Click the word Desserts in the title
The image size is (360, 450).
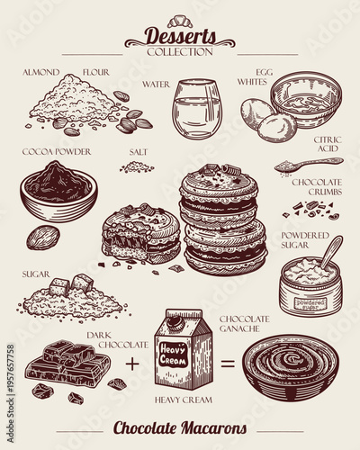point(179,37)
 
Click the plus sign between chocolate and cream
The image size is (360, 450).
point(132,364)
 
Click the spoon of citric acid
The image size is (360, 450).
point(306,166)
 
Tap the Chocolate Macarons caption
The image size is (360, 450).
point(179,427)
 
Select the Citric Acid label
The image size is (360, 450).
point(325,144)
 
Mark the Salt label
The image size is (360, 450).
point(138,152)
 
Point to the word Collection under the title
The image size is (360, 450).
point(179,51)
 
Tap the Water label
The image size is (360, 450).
point(156,84)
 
